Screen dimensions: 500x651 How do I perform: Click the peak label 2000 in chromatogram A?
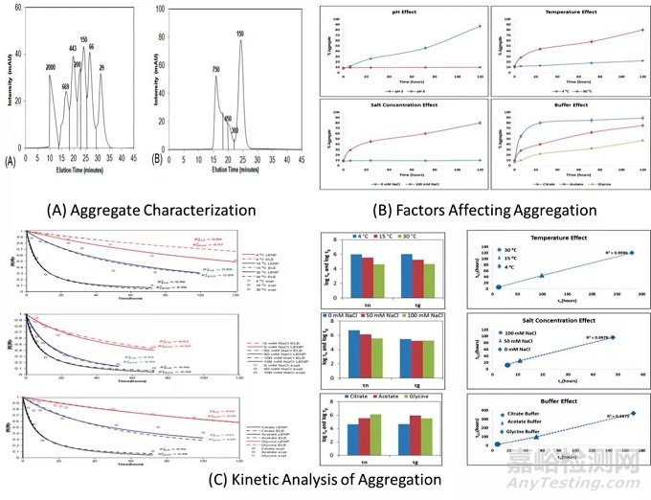click(50, 68)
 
